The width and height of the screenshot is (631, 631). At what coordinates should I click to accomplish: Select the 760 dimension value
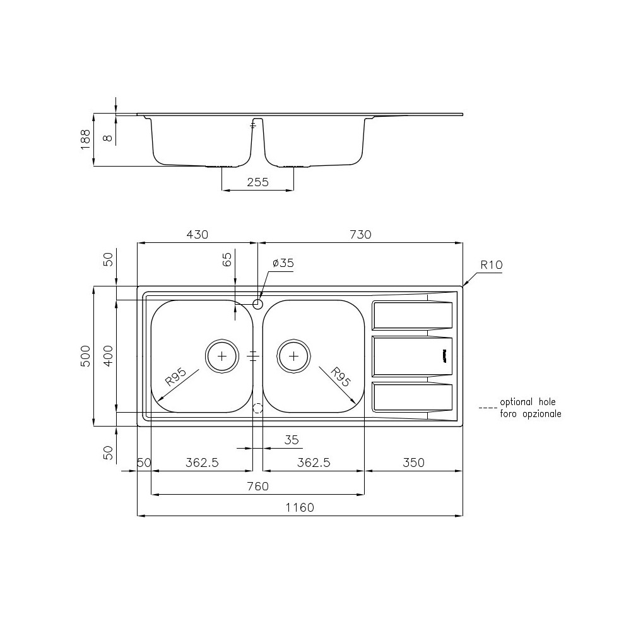pos(257,486)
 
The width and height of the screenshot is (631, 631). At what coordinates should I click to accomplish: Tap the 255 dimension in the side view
pos(257,182)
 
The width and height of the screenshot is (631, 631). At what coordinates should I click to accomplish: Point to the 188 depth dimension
pos(86,139)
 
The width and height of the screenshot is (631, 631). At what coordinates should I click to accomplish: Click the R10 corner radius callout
pos(491,266)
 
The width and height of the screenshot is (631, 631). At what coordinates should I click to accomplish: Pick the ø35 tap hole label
pos(283,263)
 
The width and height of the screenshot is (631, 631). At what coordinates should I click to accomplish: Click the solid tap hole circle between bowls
pos(257,304)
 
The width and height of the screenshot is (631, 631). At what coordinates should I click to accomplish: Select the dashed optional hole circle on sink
pos(257,408)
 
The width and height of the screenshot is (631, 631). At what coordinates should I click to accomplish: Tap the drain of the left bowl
pos(222,356)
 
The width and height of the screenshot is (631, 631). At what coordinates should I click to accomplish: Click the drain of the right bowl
pos(293,356)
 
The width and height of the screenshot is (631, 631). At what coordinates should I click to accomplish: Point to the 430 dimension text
pos(197,234)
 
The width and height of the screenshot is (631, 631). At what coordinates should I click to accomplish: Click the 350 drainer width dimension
pos(413,463)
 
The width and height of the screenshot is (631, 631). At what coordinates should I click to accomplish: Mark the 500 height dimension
pos(86,357)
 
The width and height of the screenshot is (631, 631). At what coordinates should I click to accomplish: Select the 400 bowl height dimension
pos(108,357)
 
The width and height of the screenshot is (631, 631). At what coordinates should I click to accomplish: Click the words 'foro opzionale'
pos(530,415)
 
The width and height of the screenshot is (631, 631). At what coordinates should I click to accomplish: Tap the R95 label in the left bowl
pos(176,377)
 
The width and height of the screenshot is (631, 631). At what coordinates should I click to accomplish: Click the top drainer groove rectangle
pos(413,315)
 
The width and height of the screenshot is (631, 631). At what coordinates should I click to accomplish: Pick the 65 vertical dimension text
pos(228,260)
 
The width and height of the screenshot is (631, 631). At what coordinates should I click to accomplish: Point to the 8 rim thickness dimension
pos(108,136)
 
